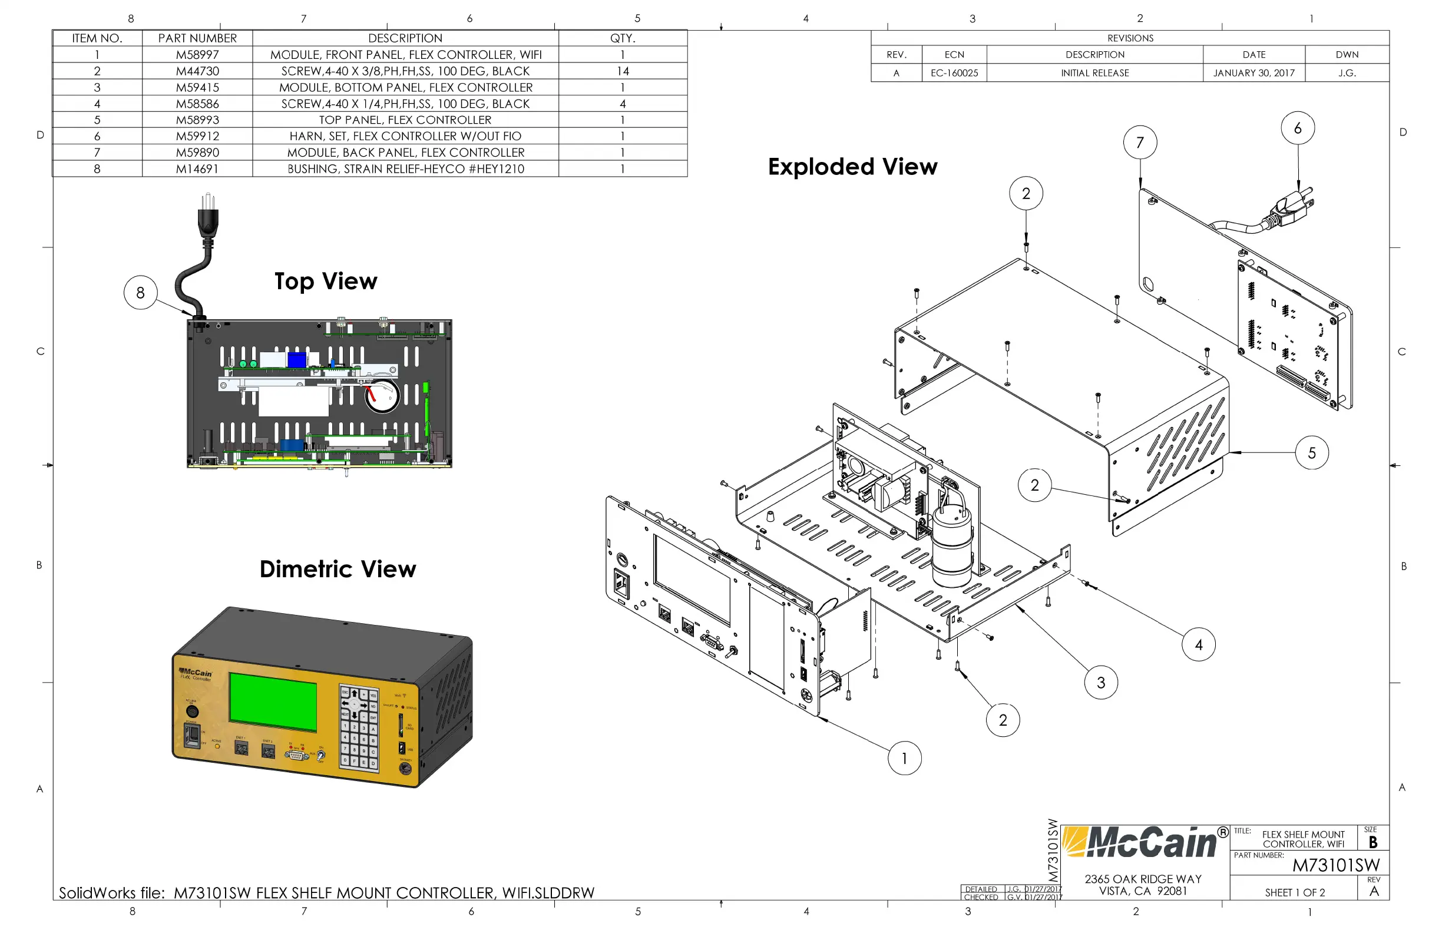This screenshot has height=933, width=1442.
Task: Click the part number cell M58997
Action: [197, 55]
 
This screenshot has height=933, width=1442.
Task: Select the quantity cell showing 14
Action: [622, 71]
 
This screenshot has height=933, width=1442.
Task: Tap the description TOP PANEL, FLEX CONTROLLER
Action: [405, 120]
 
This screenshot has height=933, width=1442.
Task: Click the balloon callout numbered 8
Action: [141, 293]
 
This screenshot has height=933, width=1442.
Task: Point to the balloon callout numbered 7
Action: [1140, 143]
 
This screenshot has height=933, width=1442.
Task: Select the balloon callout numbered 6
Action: [1298, 128]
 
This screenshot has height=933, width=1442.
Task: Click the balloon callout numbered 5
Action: [1312, 452]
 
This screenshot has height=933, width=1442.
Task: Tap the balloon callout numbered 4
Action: [1199, 644]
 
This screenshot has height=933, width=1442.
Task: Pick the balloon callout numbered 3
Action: [1101, 683]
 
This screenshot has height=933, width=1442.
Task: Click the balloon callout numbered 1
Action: [904, 758]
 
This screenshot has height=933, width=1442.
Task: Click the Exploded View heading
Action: [852, 167]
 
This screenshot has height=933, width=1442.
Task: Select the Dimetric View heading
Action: [338, 569]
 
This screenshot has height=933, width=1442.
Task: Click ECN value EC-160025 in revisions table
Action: [954, 73]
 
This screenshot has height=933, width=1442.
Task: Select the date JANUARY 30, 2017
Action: [1254, 73]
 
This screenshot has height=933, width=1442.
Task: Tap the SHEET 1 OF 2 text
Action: [1295, 892]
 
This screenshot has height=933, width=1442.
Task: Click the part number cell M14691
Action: [197, 169]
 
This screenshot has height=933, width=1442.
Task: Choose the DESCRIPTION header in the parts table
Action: [405, 38]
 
